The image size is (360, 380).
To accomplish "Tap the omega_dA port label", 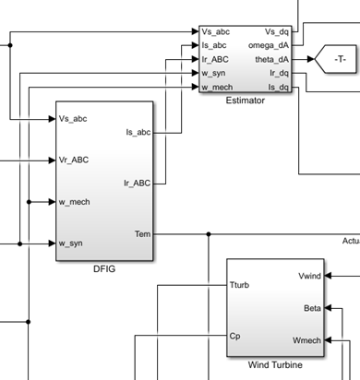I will [x=269, y=45].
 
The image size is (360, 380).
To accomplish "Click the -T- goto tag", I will [x=333, y=60].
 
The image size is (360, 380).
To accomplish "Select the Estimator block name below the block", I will [x=245, y=101].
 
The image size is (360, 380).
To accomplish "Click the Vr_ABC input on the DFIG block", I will [x=76, y=160].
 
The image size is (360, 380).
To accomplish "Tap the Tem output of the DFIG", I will [x=142, y=234].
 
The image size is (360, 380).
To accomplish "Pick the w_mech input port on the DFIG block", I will [x=75, y=201].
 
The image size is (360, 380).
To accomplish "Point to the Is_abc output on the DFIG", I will [x=137, y=133].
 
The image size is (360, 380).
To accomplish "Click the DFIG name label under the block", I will [x=104, y=268].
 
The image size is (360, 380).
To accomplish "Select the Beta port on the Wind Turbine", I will [x=311, y=308].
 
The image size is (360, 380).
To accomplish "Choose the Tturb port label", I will [x=239, y=285].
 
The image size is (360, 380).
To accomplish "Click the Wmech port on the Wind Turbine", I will [x=306, y=340].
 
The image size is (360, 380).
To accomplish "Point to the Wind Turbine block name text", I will [x=275, y=365].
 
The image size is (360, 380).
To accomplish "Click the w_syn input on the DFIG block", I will [x=72, y=243].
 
